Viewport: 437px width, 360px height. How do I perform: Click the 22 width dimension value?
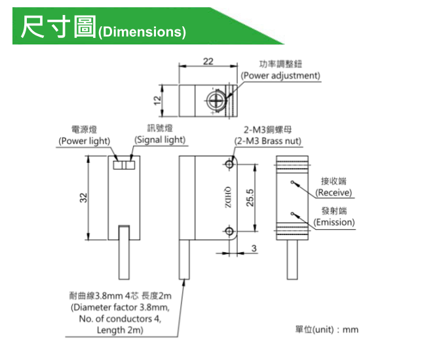pos(208,62)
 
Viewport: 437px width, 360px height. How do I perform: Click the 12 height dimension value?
pos(157,99)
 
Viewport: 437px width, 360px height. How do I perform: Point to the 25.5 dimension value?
pos(250,198)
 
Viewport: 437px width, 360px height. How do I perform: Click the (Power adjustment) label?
pos(280,75)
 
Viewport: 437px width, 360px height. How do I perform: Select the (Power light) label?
pos(85,141)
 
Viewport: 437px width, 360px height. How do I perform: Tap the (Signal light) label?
pos(161,139)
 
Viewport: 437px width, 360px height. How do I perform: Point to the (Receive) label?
pos(333,192)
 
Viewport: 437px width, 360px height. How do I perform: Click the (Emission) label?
pos(333,222)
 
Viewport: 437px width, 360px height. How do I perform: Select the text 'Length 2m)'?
pos(120,331)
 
